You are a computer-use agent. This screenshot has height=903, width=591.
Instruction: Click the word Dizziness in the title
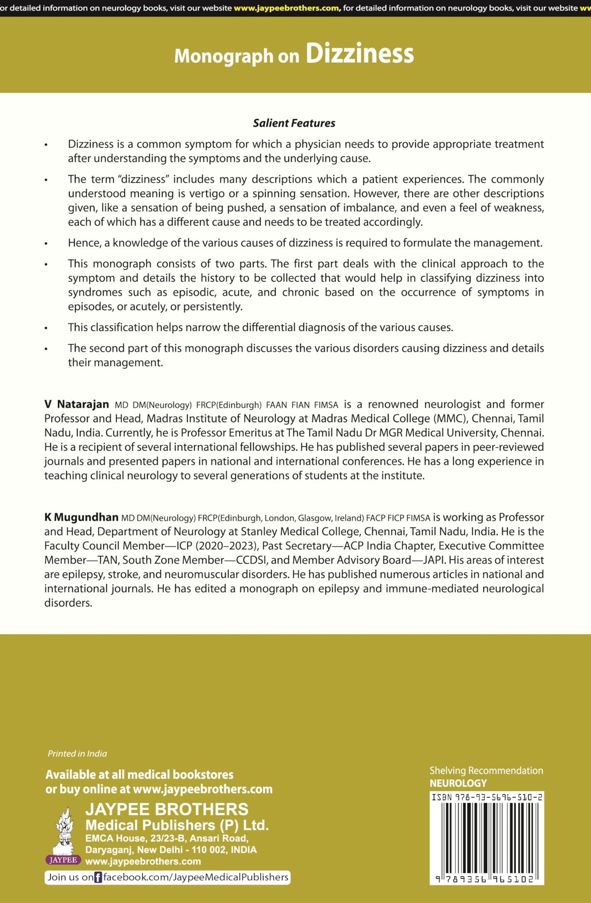point(359,54)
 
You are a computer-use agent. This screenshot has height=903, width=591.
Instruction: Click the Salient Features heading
point(294,123)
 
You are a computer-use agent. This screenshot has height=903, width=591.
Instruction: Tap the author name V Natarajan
point(77,404)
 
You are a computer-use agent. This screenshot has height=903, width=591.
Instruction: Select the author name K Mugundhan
point(81,517)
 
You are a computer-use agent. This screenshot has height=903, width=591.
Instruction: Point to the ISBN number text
point(486,797)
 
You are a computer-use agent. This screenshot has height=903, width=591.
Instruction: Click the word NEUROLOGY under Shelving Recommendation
point(458,783)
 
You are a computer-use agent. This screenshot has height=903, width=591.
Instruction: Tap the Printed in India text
point(77,753)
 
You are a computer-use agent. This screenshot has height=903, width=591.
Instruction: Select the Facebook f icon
point(98,877)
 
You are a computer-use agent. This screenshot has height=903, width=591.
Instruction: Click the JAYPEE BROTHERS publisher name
point(166,809)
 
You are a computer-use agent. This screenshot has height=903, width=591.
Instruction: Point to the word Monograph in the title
point(224,56)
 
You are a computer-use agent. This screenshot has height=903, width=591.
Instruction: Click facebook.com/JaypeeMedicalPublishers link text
point(196,877)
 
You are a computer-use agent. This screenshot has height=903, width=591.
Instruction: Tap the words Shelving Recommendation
point(486,771)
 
